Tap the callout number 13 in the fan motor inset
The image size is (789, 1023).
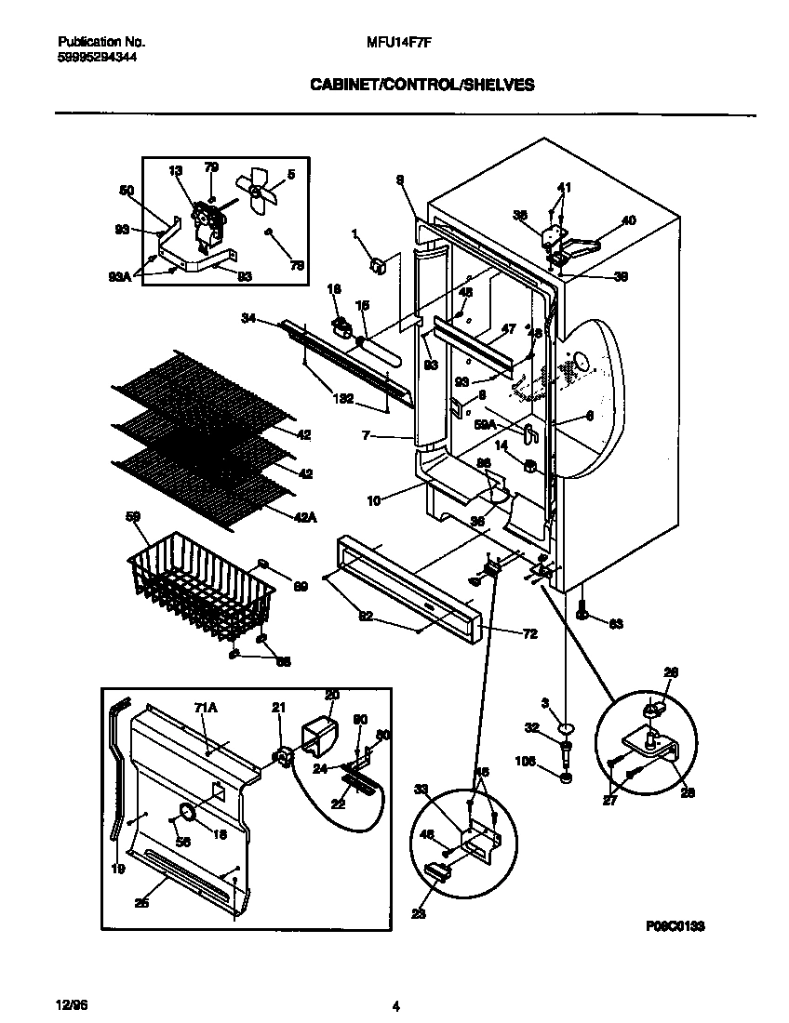click(177, 170)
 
